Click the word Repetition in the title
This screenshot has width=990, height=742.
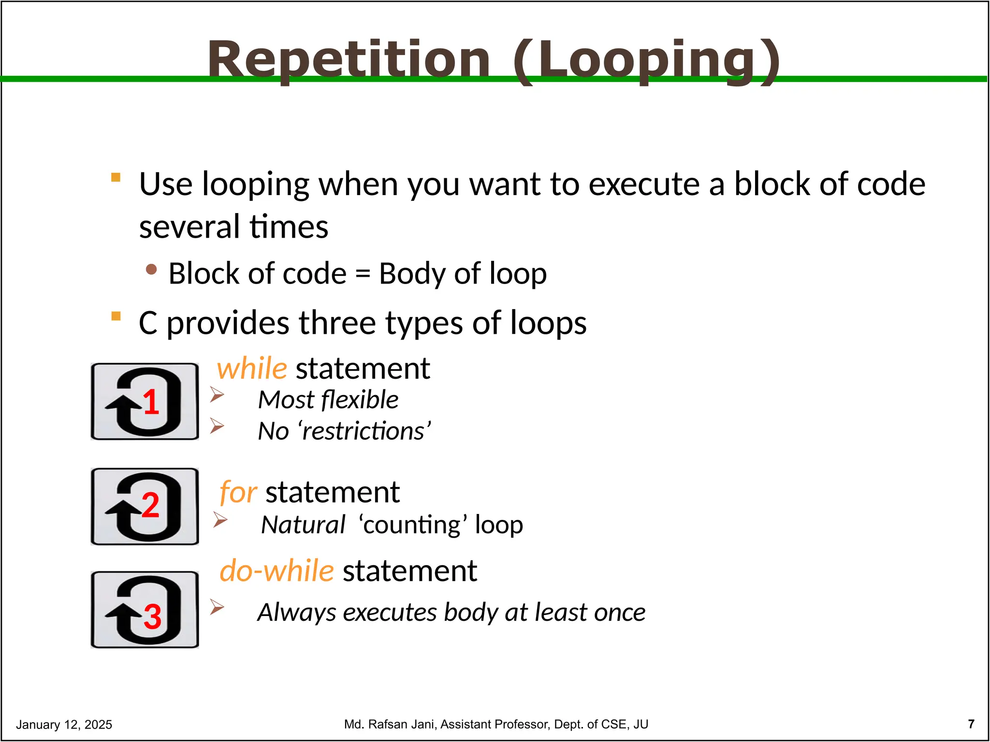[349, 60]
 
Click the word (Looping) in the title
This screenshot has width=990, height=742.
[646, 60]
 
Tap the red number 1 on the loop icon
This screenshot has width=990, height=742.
[151, 402]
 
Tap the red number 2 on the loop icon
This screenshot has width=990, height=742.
[150, 505]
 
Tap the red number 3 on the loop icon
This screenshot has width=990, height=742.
[152, 617]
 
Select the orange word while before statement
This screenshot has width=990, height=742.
[252, 369]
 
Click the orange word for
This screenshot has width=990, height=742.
[238, 493]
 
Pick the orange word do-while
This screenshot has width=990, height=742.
[277, 571]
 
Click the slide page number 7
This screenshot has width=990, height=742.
[971, 724]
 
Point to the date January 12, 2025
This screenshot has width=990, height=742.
[64, 725]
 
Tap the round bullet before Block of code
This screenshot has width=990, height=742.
[151, 269]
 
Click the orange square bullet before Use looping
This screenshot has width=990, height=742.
[116, 177]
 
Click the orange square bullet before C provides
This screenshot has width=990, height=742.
[116, 316]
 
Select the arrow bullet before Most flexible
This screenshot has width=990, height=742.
[217, 395]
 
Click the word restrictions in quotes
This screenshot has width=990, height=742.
[363, 431]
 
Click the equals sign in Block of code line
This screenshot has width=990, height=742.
[363, 274]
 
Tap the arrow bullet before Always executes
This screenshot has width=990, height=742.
[217, 607]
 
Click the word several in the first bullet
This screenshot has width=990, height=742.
[189, 227]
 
